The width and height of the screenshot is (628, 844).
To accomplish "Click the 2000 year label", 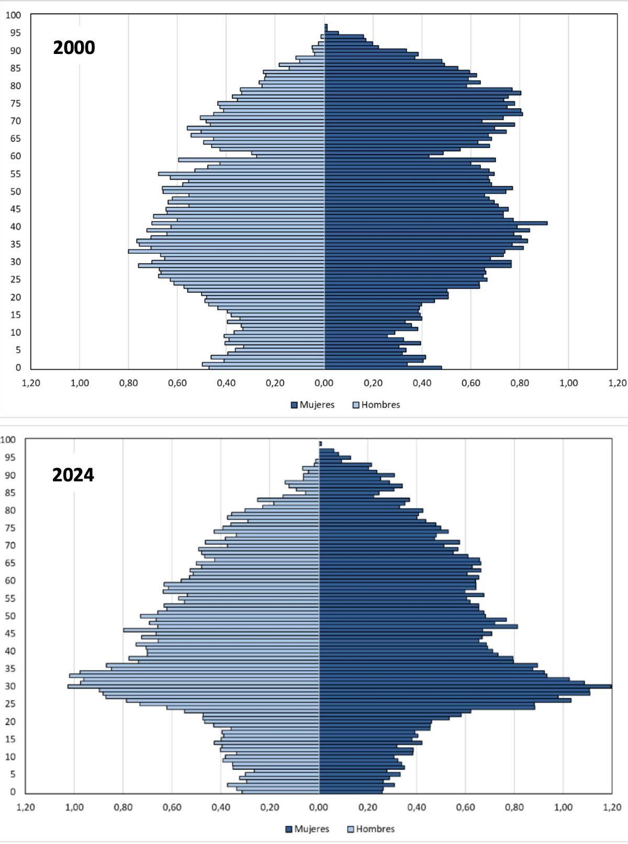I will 74,48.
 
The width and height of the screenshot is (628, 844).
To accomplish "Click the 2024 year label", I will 73,475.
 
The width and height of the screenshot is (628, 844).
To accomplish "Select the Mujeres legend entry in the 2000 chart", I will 312,404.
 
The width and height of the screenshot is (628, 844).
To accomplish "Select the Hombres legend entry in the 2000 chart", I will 376,404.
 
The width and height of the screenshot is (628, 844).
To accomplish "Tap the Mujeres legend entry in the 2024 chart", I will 307,829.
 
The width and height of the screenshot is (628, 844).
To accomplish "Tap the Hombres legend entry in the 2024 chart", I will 371,829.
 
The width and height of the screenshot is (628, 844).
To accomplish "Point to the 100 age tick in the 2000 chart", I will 14,15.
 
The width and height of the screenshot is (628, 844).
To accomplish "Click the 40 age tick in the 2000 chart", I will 16,227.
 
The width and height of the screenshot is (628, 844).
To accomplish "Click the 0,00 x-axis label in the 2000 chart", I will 324,383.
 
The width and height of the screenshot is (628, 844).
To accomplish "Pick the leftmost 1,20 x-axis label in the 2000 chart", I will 31,383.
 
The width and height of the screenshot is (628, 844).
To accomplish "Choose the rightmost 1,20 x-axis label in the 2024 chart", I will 612,807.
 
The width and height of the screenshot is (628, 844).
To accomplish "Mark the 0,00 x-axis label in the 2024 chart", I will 319,807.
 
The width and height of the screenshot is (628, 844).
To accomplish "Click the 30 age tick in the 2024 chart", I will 10,686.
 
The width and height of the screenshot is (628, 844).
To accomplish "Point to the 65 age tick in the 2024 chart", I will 10,563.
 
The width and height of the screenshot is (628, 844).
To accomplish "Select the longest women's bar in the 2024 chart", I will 466,686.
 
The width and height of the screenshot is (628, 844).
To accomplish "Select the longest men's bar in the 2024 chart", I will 194,686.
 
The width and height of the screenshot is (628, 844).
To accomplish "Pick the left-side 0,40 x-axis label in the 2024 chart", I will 221,807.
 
